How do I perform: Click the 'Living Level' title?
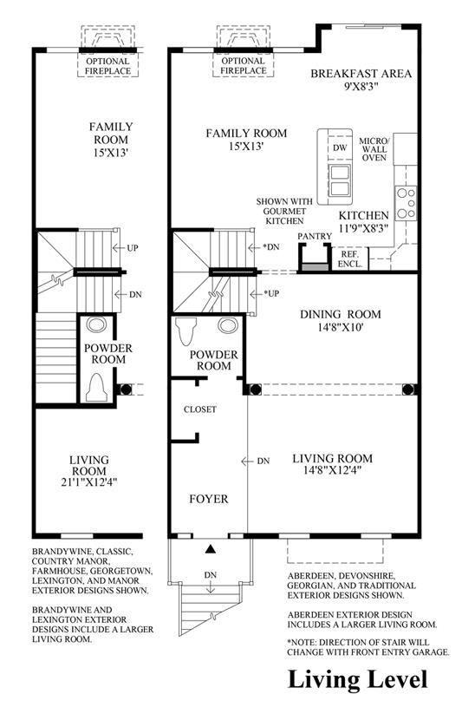pos(357,680)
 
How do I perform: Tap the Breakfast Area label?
pos(361,79)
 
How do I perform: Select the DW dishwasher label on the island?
pos(341,147)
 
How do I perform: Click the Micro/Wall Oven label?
pos(374,149)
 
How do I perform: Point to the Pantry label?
pos(315,236)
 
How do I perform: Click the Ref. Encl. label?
pos(350,259)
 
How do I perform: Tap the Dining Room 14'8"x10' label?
pos(341,320)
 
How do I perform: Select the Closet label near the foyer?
pos(200,409)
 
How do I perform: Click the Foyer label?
pos(209,499)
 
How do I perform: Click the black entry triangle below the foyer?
pos(210,549)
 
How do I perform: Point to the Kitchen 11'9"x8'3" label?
pos(364,221)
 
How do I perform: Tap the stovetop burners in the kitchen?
pos(406,203)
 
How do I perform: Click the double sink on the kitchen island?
pos(340,180)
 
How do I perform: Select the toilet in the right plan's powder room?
pos(186,331)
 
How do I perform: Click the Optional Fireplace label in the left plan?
pos(107,66)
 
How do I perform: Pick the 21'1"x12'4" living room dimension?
pos(89,482)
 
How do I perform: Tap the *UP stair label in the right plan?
pos(271,293)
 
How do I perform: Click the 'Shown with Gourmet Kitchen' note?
pos(284,211)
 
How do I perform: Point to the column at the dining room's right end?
pos(409,390)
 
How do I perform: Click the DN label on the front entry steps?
pos(211,575)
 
